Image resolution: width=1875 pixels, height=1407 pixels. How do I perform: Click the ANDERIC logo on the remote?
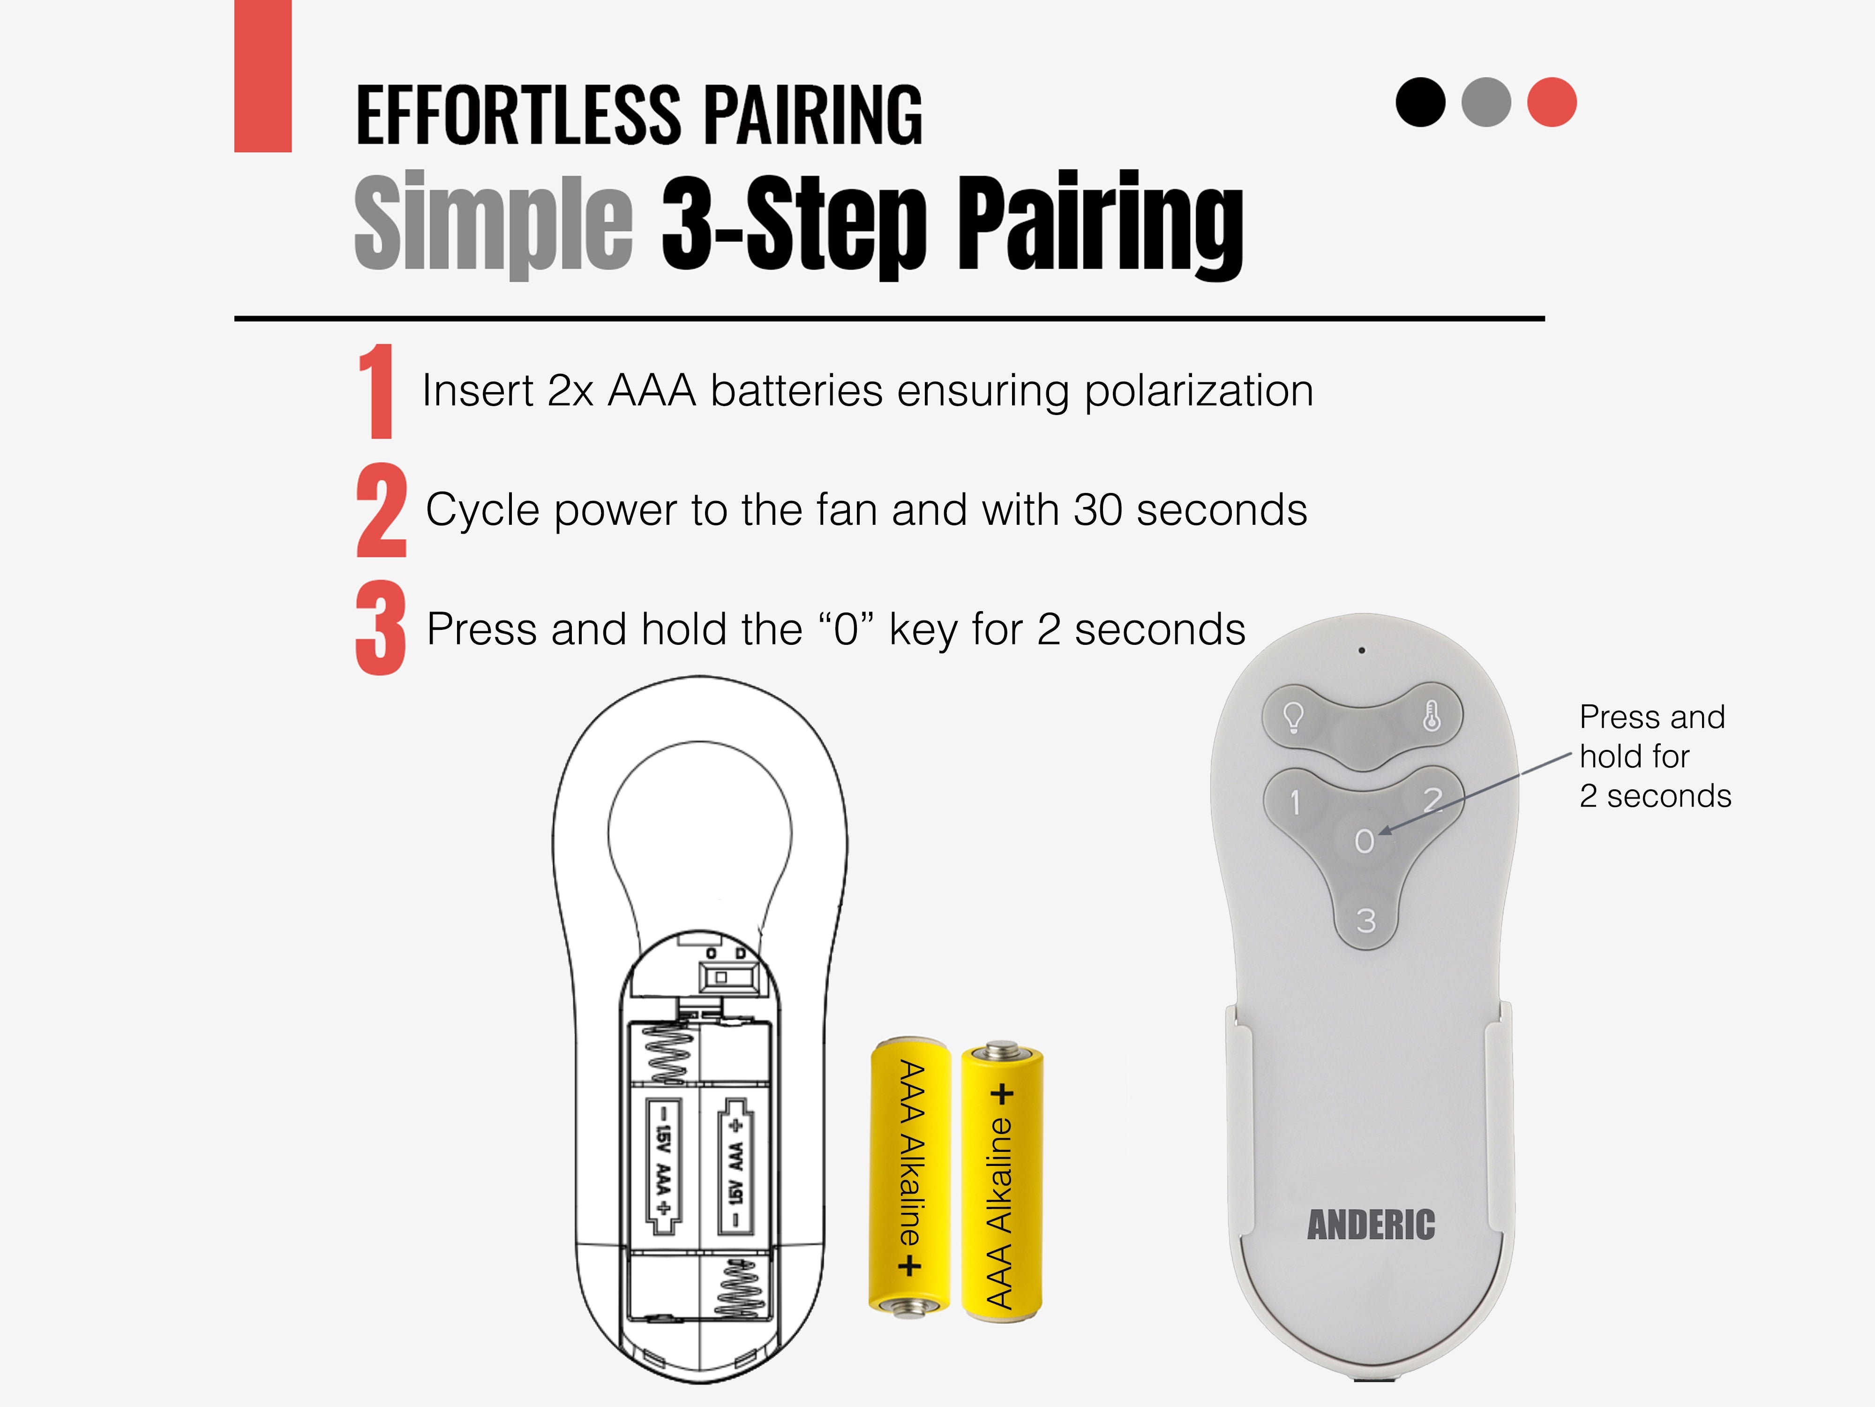tap(1371, 1225)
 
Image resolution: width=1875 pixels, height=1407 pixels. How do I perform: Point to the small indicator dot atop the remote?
tap(1361, 651)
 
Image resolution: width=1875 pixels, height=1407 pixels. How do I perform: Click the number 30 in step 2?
tap(1099, 510)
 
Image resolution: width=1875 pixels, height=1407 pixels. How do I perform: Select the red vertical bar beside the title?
tap(263, 76)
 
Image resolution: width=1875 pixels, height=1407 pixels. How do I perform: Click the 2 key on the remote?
tap(1432, 800)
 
